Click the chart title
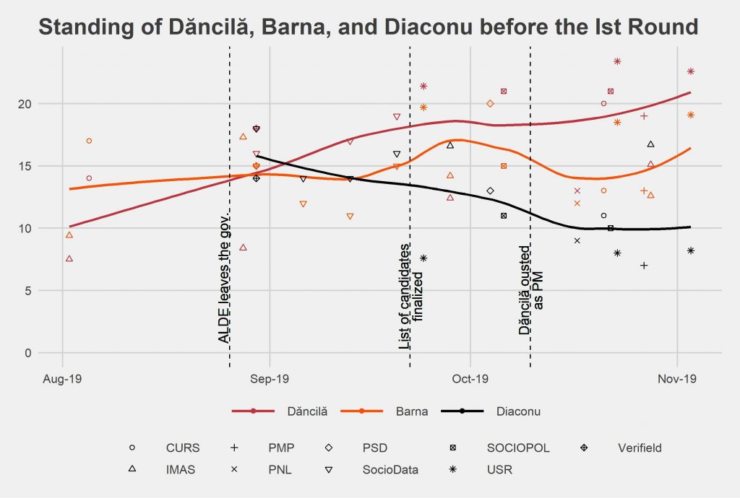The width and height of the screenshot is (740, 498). click(x=369, y=27)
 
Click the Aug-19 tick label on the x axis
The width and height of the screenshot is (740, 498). click(x=62, y=377)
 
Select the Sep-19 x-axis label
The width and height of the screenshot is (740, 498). click(x=269, y=377)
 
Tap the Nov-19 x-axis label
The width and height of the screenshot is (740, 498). click(x=677, y=377)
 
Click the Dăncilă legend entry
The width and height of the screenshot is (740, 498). click(x=306, y=411)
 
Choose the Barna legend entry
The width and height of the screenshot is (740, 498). click(x=411, y=411)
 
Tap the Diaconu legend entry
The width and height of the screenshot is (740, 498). click(x=519, y=411)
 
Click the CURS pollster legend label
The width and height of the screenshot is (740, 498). click(x=182, y=447)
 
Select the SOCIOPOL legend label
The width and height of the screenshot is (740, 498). click(x=519, y=447)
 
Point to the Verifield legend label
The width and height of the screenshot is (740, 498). click(x=640, y=447)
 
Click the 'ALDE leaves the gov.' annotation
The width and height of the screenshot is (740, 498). click(x=224, y=278)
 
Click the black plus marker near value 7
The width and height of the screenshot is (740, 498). click(x=644, y=266)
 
